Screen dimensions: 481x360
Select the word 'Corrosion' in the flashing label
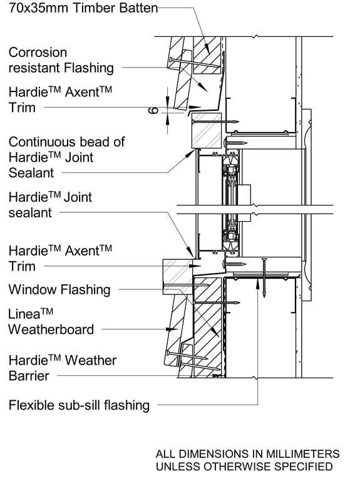tap(38, 53)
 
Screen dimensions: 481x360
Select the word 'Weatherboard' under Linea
tap(51, 329)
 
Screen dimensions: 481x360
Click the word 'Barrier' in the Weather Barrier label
tap(29, 376)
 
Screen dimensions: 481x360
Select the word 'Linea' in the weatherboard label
tap(25, 314)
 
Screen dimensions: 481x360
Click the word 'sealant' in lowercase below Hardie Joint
tap(31, 213)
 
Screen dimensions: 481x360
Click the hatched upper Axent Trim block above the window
tap(206, 132)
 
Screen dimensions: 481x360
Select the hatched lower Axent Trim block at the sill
tap(177, 271)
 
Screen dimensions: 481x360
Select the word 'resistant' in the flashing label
tap(33, 68)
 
